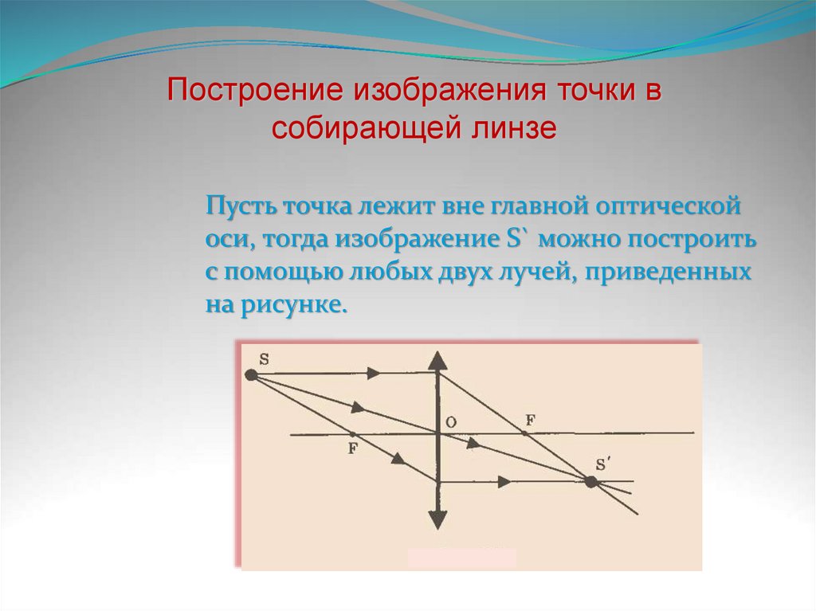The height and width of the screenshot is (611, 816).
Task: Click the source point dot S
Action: point(251,374)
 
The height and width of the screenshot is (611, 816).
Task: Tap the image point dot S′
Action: point(590,482)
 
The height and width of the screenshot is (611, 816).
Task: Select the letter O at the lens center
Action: point(451,422)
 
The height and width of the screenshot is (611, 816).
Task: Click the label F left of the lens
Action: point(353,448)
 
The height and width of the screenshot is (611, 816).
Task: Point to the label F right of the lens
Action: point(531,419)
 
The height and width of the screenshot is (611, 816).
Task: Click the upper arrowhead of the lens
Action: point(437,361)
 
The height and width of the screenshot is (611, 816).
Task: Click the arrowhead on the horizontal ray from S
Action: point(374,373)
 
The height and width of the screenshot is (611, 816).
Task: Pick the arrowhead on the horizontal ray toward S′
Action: point(504,482)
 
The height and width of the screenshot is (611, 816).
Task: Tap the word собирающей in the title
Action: point(366,129)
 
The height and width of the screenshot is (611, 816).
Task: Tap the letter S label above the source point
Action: point(265,359)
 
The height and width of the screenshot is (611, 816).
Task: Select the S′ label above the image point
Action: point(602,464)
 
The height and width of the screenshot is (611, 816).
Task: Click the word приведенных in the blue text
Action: point(669,272)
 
